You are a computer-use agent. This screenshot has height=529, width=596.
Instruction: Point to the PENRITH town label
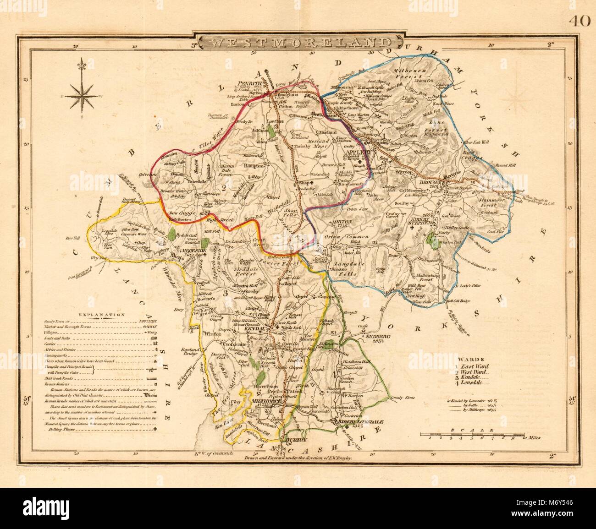[x=249, y=83]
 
